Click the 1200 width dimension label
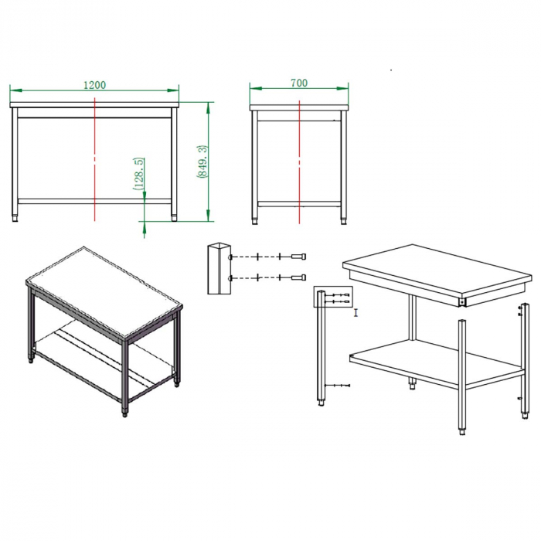point(94,85)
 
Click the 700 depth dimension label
point(299,83)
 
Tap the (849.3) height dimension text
point(202,162)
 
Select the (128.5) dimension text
point(138,174)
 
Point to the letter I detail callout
point(356,313)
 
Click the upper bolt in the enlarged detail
point(299,257)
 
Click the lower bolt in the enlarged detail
point(299,277)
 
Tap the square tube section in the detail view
point(219,268)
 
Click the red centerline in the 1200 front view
point(94,159)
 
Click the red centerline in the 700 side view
point(299,162)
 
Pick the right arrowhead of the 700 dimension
point(342,88)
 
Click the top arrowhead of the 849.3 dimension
point(208,108)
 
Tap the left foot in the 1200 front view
point(15,219)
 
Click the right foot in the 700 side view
point(344,221)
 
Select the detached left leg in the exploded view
point(322,348)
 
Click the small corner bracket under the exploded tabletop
point(461,302)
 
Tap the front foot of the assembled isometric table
point(125,413)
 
